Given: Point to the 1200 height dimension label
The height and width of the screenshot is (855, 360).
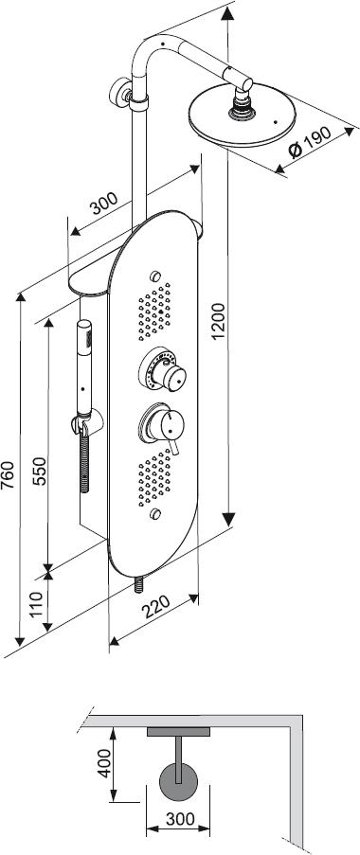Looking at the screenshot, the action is point(219,321).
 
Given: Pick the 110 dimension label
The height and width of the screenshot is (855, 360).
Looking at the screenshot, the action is point(38,604).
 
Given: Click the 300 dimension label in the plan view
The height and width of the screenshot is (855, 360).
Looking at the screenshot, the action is point(179,818).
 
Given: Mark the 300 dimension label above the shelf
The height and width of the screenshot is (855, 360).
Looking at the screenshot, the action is point(103,204).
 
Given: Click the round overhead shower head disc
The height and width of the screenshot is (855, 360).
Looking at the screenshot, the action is point(243,116).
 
